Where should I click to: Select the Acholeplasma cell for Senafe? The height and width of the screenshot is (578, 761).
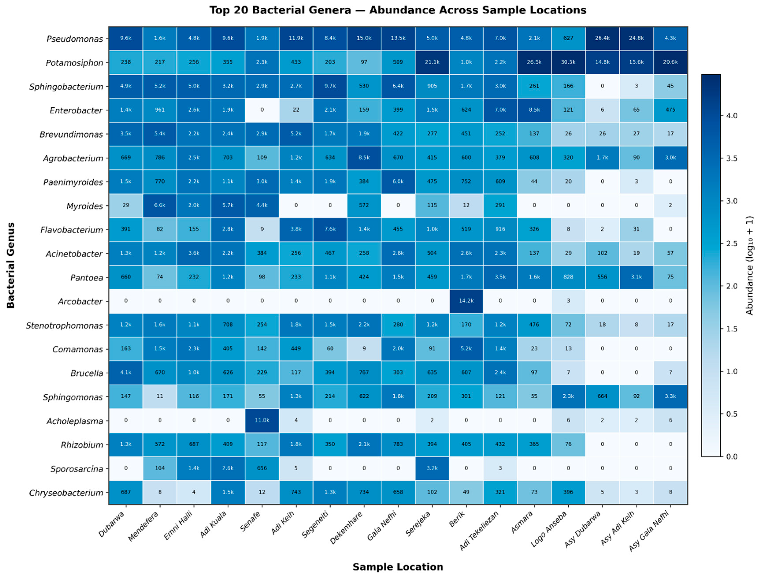coord(262,421)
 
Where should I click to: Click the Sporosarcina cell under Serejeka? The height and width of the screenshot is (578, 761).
coord(432,468)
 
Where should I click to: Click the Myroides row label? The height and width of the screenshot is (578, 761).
coord(85,206)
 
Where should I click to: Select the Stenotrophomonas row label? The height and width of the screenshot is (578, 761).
coord(64,326)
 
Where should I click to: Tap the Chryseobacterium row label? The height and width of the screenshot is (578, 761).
coord(66,493)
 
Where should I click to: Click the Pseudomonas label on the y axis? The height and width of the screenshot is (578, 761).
coord(75,39)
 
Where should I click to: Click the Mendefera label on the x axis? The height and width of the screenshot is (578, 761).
coord(143,526)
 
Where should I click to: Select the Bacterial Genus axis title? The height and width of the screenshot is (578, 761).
coord(11,265)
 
